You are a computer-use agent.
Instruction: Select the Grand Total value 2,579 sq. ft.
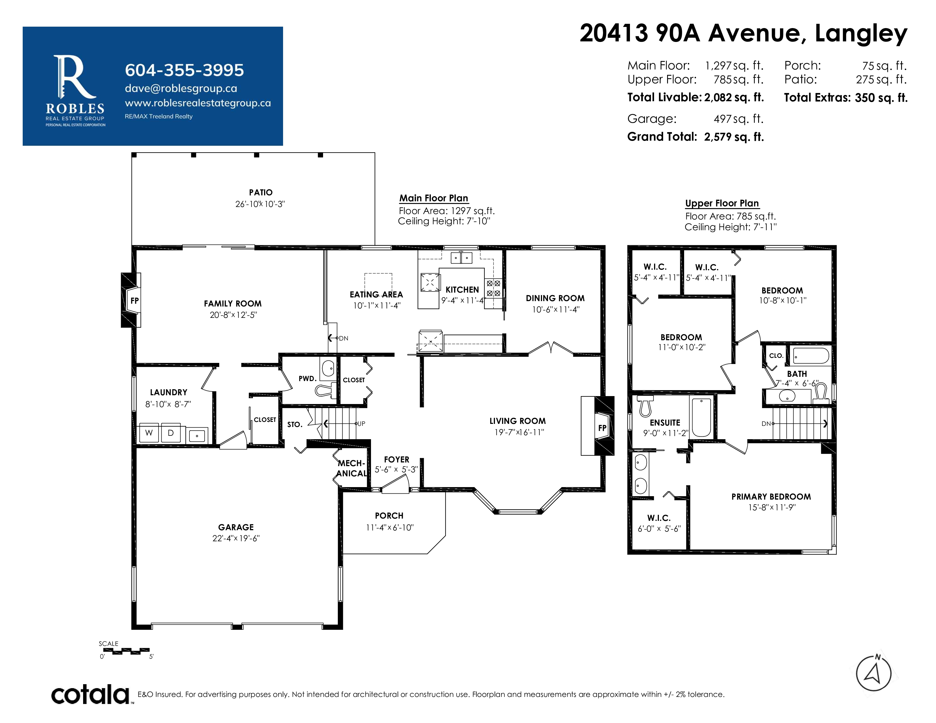734,137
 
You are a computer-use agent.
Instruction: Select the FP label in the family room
134,301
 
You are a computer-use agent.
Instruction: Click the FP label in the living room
602,428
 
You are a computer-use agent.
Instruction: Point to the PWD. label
307,379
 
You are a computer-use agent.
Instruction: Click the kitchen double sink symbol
461,258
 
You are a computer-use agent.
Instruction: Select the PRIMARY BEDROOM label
771,497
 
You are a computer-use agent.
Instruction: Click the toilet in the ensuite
645,405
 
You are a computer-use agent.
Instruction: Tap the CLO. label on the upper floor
776,356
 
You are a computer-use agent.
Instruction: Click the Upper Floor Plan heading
722,204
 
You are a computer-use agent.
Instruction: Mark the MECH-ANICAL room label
351,468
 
